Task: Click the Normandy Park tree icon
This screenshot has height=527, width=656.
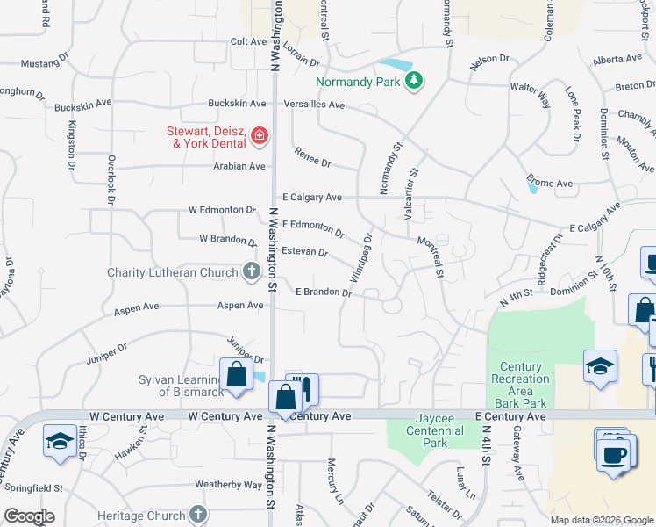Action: pyautogui.click(x=414, y=82)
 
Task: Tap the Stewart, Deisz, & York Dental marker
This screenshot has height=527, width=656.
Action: pyautogui.click(x=259, y=135)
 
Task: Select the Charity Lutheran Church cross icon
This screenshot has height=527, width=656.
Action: pyautogui.click(x=252, y=272)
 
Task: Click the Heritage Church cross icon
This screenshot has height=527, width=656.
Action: pyautogui.click(x=198, y=513)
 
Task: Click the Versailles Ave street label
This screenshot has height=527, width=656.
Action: pyautogui.click(x=314, y=104)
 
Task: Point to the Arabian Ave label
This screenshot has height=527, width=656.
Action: pyautogui.click(x=239, y=166)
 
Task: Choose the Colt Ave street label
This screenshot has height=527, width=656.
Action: pyautogui.click(x=248, y=41)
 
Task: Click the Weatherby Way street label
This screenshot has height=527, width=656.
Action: pyautogui.click(x=228, y=484)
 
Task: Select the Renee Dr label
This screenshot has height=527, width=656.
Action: pyautogui.click(x=313, y=157)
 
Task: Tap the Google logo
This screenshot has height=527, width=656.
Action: pyautogui.click(x=29, y=516)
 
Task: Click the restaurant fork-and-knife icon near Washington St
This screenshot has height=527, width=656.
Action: pyautogui.click(x=303, y=387)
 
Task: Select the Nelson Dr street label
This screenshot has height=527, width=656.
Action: pyautogui.click(x=490, y=58)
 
